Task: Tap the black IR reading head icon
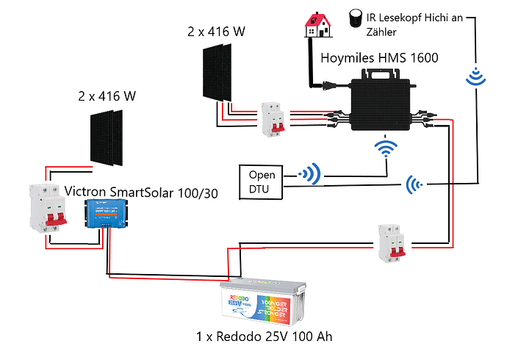click(356, 18)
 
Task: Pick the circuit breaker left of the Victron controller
click(46, 208)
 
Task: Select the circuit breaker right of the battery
click(391, 243)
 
